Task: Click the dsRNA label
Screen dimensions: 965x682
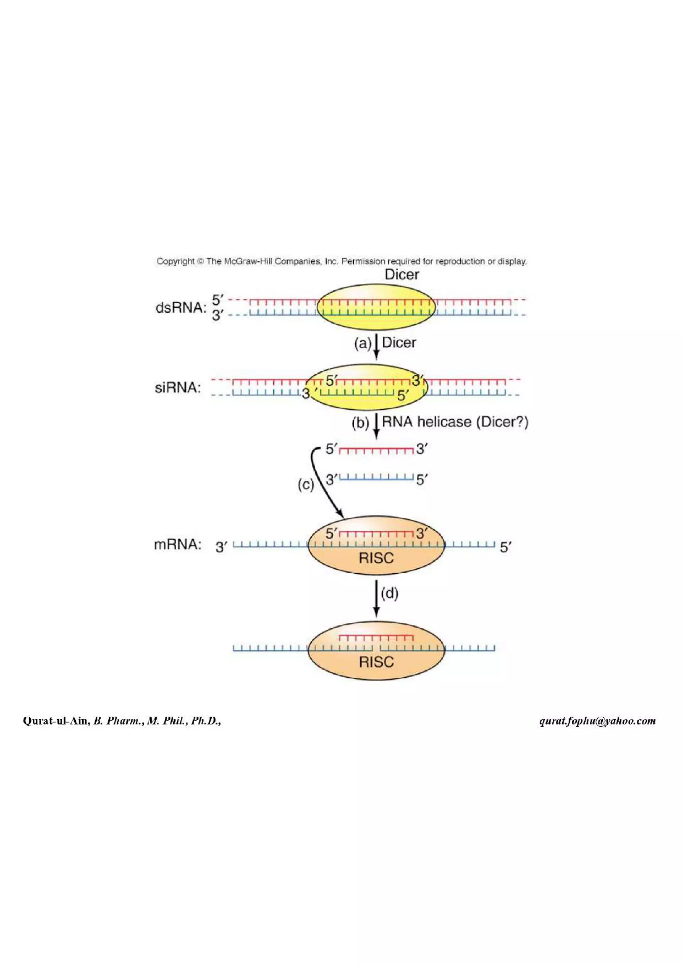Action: pyautogui.click(x=181, y=308)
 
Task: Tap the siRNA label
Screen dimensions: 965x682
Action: pyautogui.click(x=177, y=388)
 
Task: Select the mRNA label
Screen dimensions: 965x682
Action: pyautogui.click(x=177, y=545)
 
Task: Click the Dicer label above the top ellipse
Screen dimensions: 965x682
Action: pyautogui.click(x=402, y=275)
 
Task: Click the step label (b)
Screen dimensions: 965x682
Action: pyautogui.click(x=360, y=423)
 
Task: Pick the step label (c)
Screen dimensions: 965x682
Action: pyautogui.click(x=305, y=485)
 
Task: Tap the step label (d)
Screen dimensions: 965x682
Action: pyautogui.click(x=390, y=593)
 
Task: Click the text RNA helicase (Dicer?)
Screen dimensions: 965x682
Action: pyautogui.click(x=455, y=422)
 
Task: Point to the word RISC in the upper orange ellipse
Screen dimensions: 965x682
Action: pyautogui.click(x=376, y=558)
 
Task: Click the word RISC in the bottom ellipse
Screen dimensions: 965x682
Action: pyautogui.click(x=376, y=662)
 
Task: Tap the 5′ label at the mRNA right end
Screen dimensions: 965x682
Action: pyautogui.click(x=506, y=547)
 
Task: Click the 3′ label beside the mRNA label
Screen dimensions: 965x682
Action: pyautogui.click(x=221, y=547)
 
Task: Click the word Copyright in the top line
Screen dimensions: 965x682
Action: pyautogui.click(x=175, y=261)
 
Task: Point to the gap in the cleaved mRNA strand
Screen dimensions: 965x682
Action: pyautogui.click(x=376, y=648)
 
